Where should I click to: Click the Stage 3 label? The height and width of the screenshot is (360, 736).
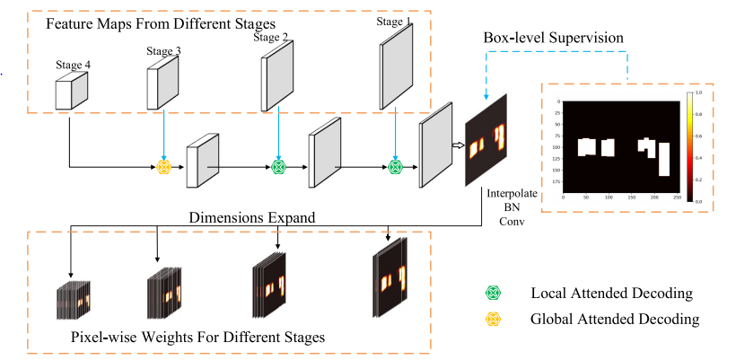tap(163, 51)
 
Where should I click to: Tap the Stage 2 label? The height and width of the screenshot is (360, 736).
tap(270, 37)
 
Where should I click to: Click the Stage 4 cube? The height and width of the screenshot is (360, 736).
tap(72, 92)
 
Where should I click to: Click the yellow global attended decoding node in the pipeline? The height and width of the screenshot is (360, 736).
tap(164, 166)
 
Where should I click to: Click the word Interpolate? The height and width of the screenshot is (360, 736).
tap(512, 193)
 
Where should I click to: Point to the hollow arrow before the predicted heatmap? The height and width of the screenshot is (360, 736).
tap(455, 144)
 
